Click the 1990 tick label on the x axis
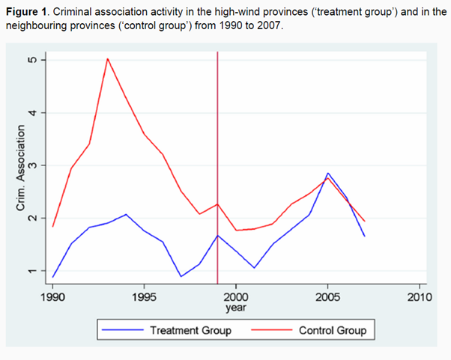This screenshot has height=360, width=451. (x=52, y=296)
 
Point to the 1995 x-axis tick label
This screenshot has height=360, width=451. (x=144, y=296)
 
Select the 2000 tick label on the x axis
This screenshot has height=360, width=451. (x=236, y=296)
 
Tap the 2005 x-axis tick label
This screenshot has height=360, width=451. (x=327, y=296)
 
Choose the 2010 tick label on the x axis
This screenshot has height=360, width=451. (x=419, y=296)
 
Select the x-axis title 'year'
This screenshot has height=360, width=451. (x=236, y=308)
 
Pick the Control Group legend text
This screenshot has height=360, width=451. (x=333, y=330)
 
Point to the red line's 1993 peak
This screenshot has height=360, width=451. (x=107, y=58)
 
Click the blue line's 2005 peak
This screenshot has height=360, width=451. (x=327, y=173)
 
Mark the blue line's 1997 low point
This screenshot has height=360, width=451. (x=181, y=276)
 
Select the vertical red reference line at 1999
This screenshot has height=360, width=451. (x=217, y=112)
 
